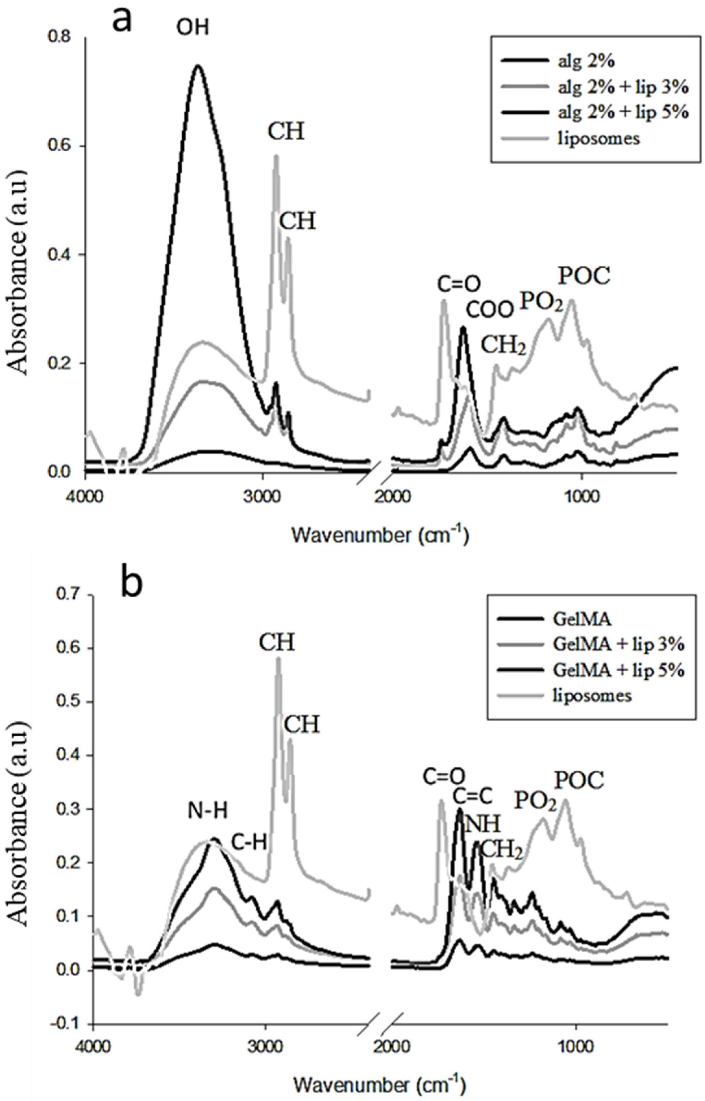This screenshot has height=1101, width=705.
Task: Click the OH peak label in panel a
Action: pyautogui.click(x=193, y=28)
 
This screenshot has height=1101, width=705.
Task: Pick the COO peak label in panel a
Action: pyautogui.click(x=489, y=310)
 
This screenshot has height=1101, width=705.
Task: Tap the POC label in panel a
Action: pyautogui.click(x=584, y=276)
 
